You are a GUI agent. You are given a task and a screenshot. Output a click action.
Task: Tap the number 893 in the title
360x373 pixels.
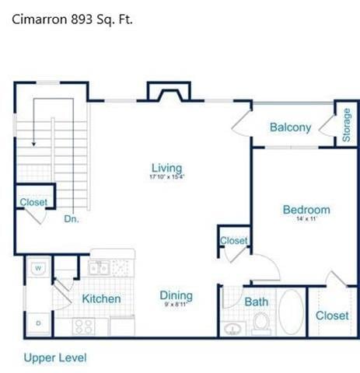click(x=84, y=19)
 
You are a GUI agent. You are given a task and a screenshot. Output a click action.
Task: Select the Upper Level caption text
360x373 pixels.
click(x=54, y=357)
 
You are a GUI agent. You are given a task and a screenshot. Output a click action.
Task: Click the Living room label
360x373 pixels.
click(x=166, y=168)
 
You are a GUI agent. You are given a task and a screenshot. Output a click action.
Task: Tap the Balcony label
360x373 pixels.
click(x=290, y=127)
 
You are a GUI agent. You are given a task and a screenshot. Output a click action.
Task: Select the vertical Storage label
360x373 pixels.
click(x=346, y=124)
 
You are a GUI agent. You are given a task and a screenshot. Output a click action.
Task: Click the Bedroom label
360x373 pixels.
click(x=306, y=210)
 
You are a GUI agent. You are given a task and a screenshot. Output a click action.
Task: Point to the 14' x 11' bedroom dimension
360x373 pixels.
click(x=306, y=220)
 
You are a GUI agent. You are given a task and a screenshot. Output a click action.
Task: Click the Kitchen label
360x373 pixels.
click(x=101, y=298)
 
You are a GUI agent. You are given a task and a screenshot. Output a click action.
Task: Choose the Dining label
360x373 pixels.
click(x=176, y=296)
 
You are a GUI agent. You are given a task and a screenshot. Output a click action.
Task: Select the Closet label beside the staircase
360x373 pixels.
click(x=33, y=202)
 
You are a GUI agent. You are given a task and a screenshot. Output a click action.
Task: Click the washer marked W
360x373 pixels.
click(x=37, y=269)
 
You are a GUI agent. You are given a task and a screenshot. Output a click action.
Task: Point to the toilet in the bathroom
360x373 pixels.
click(x=260, y=322)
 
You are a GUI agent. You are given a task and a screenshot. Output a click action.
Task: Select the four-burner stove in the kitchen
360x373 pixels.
click(x=84, y=326)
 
